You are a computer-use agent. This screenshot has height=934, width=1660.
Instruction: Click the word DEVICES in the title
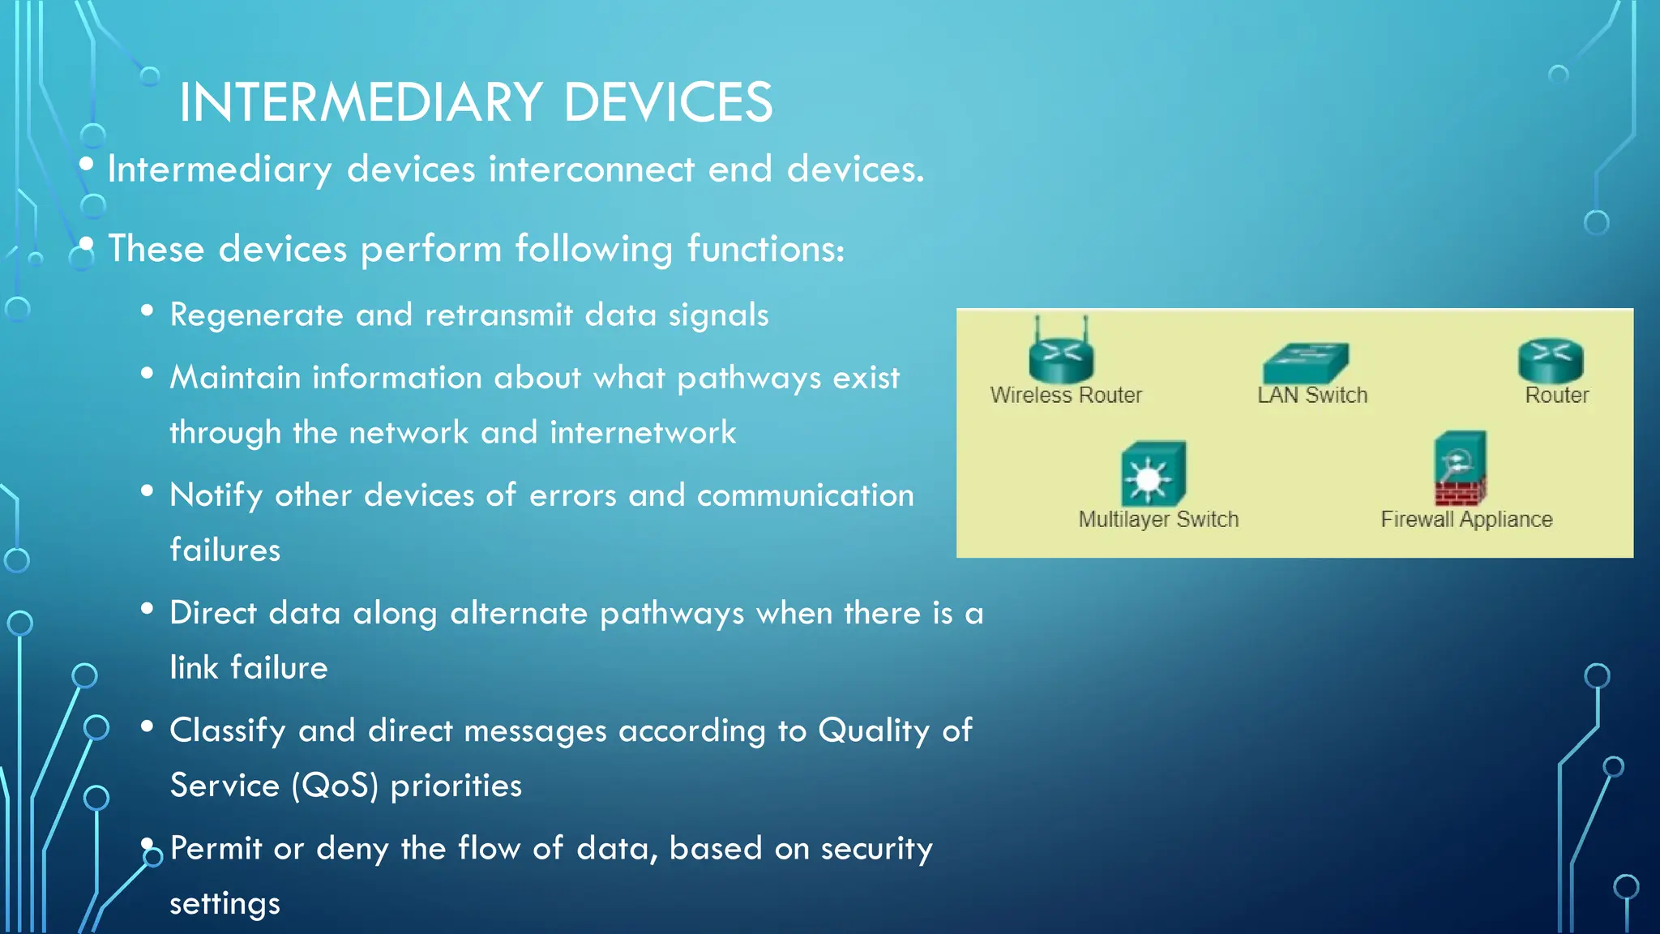(x=668, y=103)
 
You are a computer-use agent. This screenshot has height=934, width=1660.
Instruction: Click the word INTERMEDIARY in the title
(x=361, y=103)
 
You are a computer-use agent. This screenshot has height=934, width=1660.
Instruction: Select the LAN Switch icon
(x=1305, y=362)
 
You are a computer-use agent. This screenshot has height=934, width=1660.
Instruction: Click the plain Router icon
(x=1551, y=360)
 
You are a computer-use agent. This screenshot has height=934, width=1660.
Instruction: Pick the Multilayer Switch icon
(x=1153, y=474)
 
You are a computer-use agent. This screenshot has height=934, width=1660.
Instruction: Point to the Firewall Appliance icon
(x=1460, y=469)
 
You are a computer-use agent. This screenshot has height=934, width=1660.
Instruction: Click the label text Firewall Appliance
(x=1466, y=519)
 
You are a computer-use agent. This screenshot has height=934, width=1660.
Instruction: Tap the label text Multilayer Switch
(x=1157, y=519)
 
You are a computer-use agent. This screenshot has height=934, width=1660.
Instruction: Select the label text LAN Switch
(x=1311, y=395)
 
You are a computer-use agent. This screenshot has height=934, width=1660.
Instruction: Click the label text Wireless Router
(x=1065, y=395)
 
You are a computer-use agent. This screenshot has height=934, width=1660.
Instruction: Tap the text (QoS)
(x=335, y=786)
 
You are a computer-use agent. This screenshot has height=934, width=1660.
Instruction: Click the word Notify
(x=216, y=495)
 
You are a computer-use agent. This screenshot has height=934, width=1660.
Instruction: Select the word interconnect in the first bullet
(x=591, y=169)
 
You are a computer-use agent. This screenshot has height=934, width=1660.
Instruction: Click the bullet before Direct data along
(x=147, y=609)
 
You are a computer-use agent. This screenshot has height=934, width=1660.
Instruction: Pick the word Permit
(x=216, y=849)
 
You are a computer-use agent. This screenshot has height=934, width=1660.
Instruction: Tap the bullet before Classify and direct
(x=147, y=726)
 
